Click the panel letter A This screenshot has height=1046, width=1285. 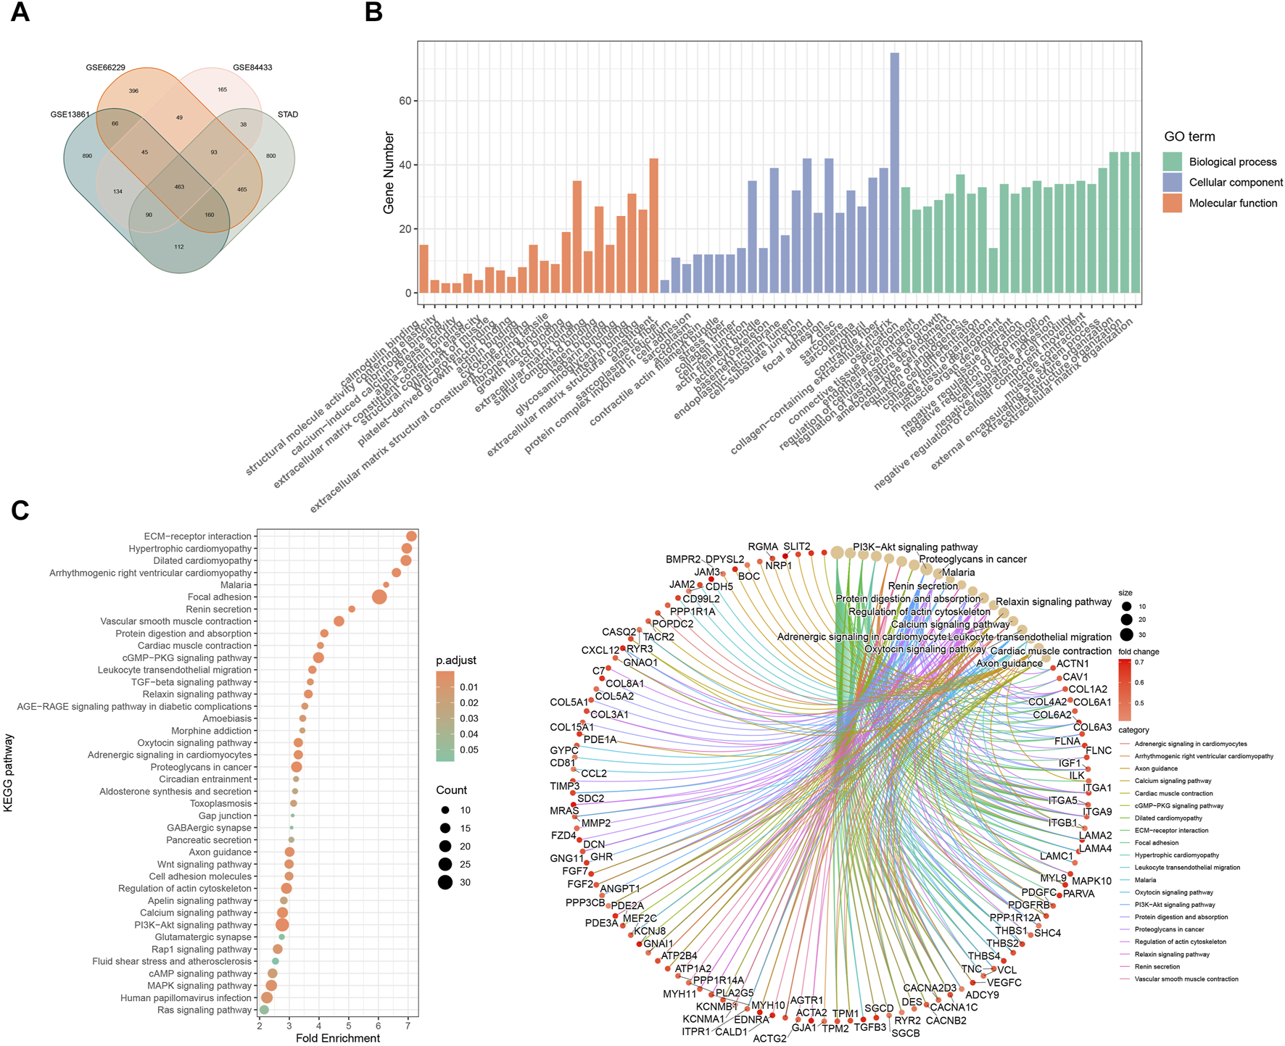[20, 12]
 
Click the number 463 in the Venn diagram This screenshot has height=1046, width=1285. [179, 187]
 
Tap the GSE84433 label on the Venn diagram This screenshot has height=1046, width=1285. [252, 67]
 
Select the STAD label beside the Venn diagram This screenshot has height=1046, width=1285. [288, 115]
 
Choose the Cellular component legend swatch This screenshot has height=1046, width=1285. [1172, 182]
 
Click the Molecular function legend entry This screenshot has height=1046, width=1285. [1233, 203]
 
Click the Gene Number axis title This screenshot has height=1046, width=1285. [389, 173]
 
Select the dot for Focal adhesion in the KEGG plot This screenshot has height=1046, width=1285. [379, 597]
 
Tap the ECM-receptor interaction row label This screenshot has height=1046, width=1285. [197, 536]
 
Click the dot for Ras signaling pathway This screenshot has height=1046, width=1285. [264, 1010]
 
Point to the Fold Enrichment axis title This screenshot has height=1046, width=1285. [338, 1038]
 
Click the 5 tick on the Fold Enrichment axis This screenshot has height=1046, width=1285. [349, 1025]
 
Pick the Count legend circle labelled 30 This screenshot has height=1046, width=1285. [445, 882]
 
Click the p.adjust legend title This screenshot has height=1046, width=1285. [455, 660]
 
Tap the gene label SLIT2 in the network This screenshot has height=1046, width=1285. [796, 547]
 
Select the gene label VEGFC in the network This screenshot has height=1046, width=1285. [1004, 982]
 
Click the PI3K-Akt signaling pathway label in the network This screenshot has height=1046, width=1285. [914, 547]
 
